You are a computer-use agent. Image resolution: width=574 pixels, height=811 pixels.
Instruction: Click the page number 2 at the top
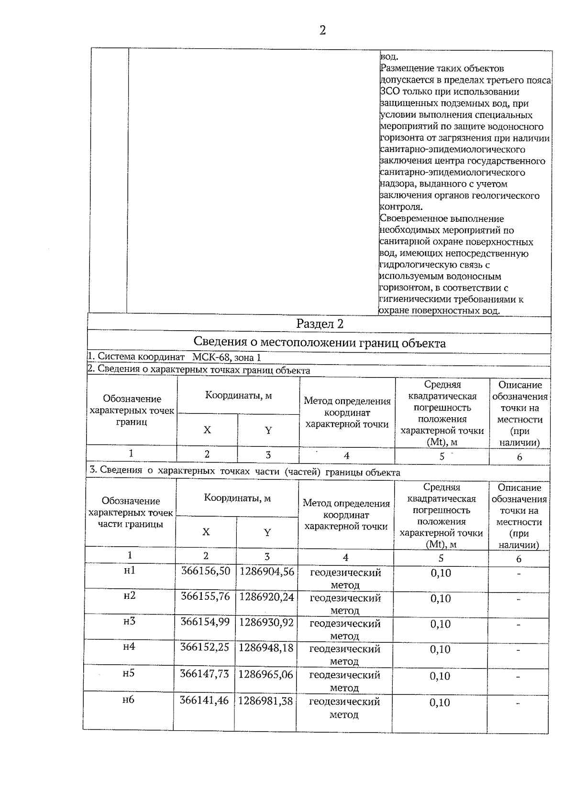(322, 31)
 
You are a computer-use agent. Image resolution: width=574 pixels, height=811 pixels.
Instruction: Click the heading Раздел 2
(320, 324)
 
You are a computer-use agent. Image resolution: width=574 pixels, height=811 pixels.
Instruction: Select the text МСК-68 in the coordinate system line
(212, 357)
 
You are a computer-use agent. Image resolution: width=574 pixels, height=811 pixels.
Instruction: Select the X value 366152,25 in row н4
(205, 647)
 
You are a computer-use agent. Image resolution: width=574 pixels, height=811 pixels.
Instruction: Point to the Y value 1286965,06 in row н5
(265, 674)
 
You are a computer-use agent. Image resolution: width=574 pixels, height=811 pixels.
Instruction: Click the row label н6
(128, 700)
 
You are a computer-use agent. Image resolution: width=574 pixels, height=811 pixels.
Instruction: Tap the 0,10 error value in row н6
(440, 702)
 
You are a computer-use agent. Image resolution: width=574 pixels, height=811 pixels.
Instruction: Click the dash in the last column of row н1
(519, 573)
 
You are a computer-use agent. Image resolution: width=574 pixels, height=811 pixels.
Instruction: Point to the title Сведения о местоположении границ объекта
(320, 343)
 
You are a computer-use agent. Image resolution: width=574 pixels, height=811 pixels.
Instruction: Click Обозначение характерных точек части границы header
(131, 512)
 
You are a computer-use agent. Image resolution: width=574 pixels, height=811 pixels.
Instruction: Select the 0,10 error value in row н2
(441, 598)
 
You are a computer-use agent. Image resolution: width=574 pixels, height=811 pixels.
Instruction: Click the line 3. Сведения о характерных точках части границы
(245, 472)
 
